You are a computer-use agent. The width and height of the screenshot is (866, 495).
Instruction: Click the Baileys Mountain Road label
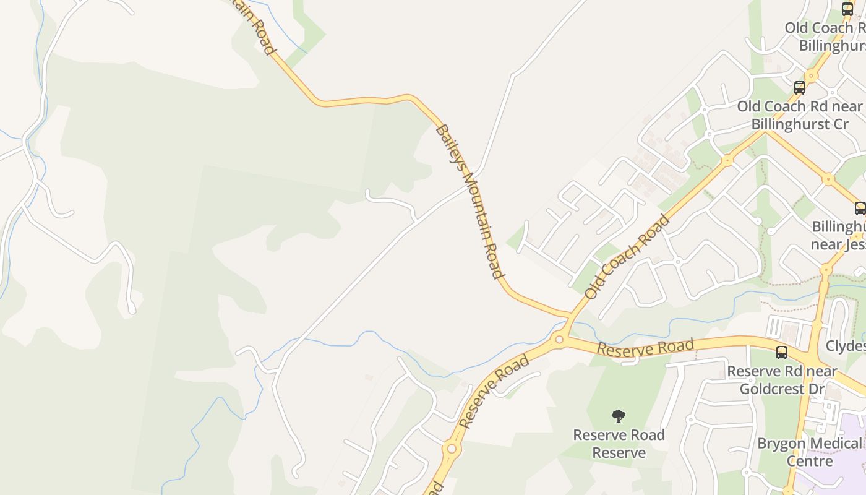coord(468,200)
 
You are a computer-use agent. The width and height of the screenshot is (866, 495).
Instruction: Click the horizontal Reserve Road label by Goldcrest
coord(645,348)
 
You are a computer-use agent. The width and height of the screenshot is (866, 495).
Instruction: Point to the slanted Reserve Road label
coord(494,390)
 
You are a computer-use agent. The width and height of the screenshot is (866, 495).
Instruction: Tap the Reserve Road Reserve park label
coord(619,444)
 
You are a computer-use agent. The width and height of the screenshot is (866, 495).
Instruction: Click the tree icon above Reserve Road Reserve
coord(618,416)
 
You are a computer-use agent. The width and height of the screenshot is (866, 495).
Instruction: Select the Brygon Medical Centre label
coord(809,452)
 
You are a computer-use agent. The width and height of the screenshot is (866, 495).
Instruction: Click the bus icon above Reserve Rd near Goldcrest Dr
coord(782,353)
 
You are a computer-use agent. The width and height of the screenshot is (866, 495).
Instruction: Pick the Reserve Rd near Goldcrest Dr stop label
coord(782,380)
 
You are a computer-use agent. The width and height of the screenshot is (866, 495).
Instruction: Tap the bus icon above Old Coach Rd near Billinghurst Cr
coord(800,88)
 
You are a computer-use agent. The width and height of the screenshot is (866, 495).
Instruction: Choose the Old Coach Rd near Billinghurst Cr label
coord(799,115)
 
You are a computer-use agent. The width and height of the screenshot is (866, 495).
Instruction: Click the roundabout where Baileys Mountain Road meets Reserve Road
coord(559,339)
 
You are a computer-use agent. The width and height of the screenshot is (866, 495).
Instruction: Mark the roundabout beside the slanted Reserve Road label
coord(452,449)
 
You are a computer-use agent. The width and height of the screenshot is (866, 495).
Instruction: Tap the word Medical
coord(834,443)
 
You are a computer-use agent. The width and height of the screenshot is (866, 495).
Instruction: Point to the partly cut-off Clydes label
coord(846,345)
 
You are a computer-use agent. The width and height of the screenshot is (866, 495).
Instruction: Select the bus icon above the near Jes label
coord(860,209)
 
